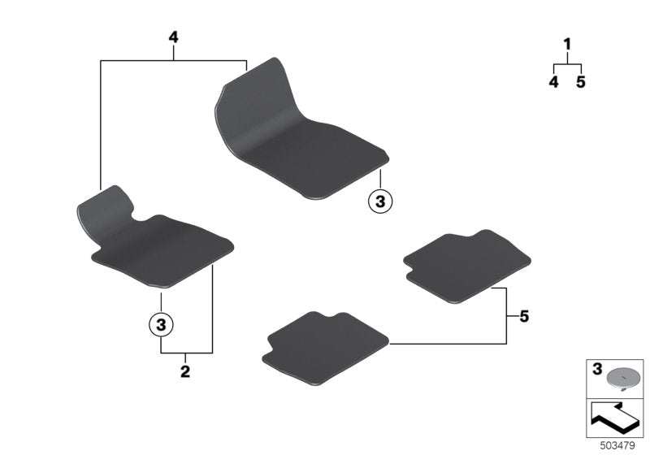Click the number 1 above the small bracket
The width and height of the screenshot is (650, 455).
(567, 44)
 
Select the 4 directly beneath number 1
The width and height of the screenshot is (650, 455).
(553, 82)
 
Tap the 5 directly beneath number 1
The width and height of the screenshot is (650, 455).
(581, 82)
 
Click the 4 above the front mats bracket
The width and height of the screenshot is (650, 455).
(173, 37)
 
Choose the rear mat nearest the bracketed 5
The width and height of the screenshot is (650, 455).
(467, 264)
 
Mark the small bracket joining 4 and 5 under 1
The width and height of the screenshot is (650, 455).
(567, 64)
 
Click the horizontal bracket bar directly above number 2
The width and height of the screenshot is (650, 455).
(186, 353)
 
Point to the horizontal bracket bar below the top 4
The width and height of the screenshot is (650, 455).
(173, 60)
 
